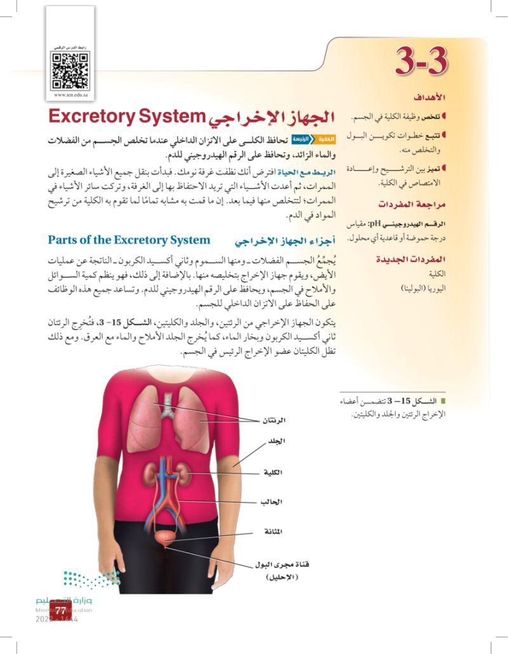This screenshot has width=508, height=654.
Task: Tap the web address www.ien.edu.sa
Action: [x=70, y=95]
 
